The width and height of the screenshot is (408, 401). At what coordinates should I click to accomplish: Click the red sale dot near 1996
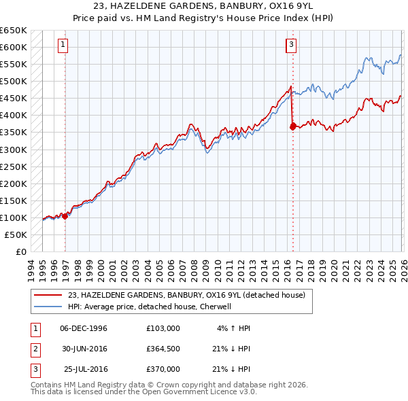pos(65,216)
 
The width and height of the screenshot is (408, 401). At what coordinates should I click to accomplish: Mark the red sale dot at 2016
pos(293,126)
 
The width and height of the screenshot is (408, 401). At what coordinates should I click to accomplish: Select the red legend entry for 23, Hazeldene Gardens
pos(190,295)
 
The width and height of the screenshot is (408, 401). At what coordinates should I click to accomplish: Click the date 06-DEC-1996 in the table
pos(84,328)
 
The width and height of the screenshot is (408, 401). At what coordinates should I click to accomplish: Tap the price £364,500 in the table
pos(163,349)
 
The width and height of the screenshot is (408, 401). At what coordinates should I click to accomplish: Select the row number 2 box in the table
pos(33,349)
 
